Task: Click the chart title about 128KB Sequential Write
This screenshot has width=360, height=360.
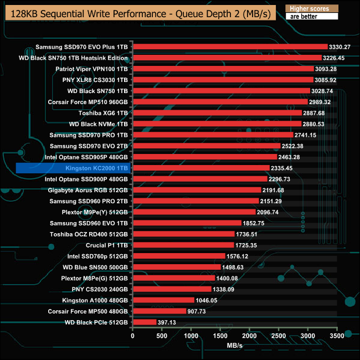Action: tap(138, 13)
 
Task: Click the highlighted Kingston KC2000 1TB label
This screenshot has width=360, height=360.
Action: tap(73, 168)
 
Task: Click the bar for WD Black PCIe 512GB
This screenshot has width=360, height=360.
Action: tap(145, 322)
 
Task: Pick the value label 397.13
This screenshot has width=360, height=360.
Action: tap(169, 322)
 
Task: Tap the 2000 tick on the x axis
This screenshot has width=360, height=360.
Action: tap(250, 336)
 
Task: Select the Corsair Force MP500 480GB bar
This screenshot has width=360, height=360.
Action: tap(159, 311)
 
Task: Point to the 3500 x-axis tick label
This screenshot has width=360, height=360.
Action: tap(337, 336)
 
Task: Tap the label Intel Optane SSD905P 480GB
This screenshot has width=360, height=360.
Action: tap(87, 157)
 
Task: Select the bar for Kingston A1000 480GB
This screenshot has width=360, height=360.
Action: tap(163, 300)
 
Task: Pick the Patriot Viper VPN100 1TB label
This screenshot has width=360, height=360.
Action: tap(92, 69)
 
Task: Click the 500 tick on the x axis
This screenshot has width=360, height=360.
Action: tap(162, 336)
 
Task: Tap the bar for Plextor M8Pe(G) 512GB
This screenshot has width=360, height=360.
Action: tap(174, 277)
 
